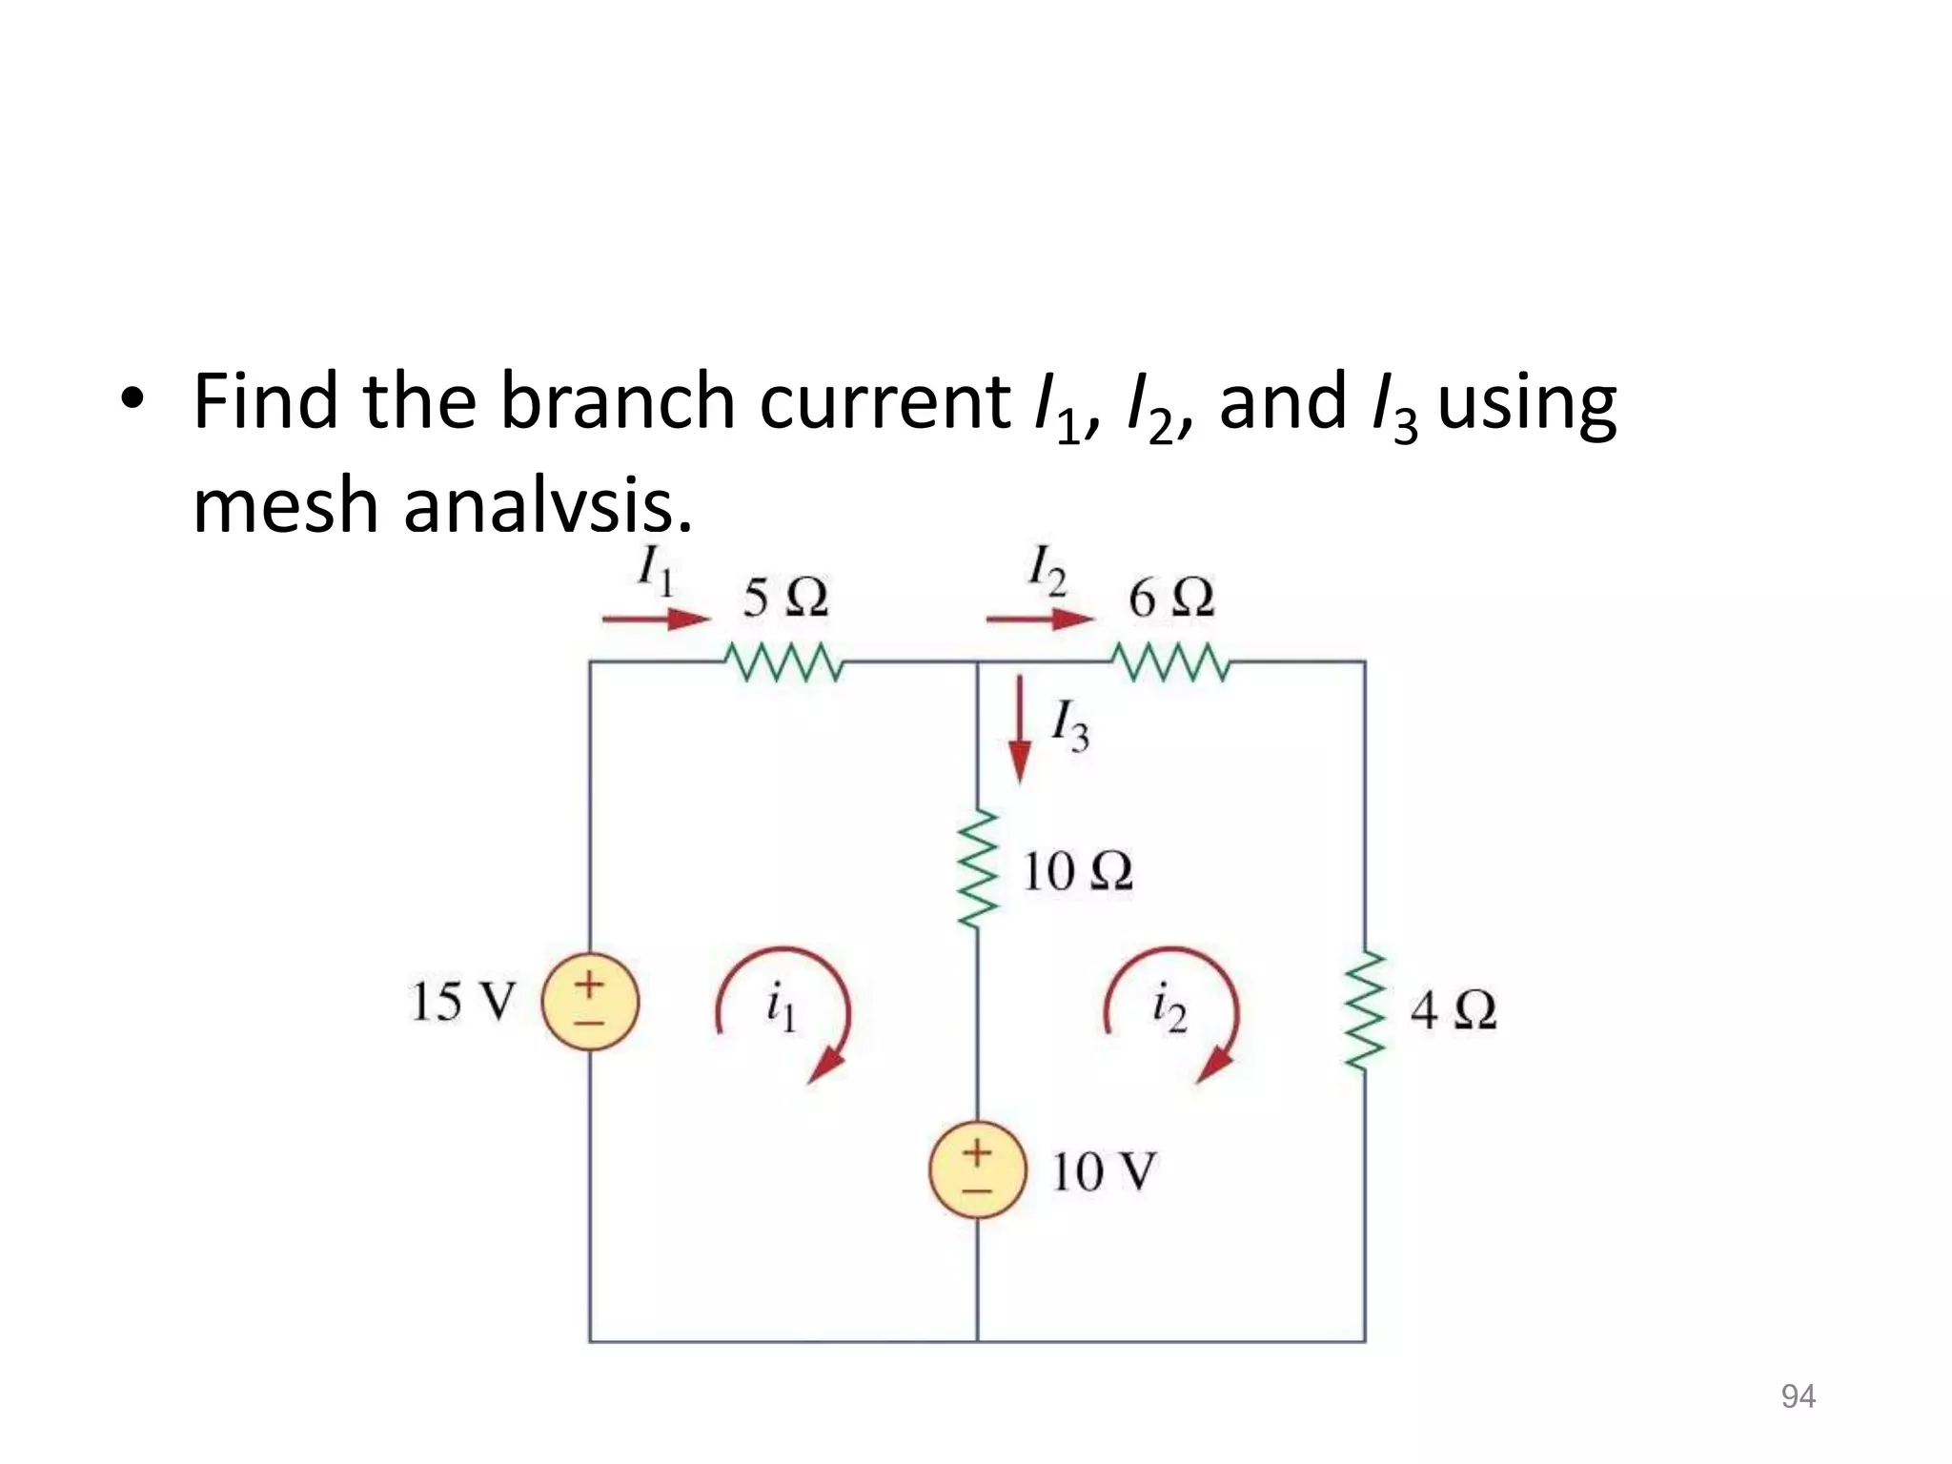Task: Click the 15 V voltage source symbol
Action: pyautogui.click(x=590, y=1002)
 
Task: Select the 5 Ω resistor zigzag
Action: pyautogui.click(x=783, y=662)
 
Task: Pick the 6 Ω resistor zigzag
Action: pyautogui.click(x=1171, y=662)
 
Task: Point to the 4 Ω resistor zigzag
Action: pyautogui.click(x=1366, y=1010)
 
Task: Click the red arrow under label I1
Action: pyautogui.click(x=656, y=620)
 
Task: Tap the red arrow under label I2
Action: pyautogui.click(x=1041, y=620)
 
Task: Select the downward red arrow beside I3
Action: pyautogui.click(x=1020, y=729)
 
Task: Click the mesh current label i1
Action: pyautogui.click(x=781, y=1008)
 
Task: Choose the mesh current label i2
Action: pyautogui.click(x=1169, y=1008)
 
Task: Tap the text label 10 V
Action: pyautogui.click(x=1104, y=1171)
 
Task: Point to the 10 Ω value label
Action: pyautogui.click(x=1077, y=871)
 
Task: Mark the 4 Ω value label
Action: pyautogui.click(x=1453, y=1010)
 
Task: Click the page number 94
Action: pyautogui.click(x=1798, y=1396)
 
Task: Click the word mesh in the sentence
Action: pyautogui.click(x=286, y=505)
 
